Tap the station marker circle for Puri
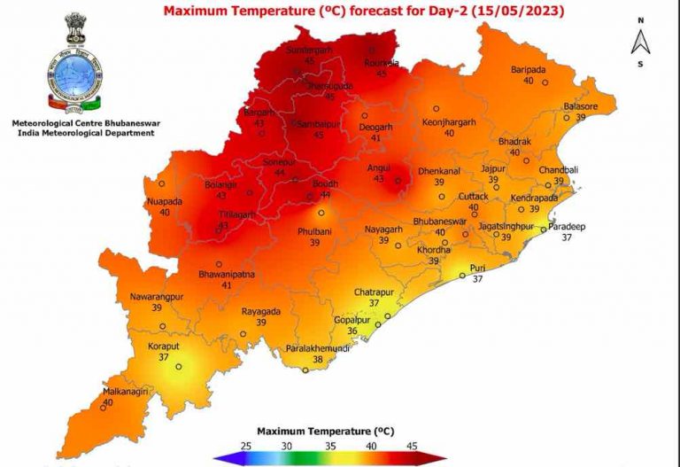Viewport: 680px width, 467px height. pyautogui.click(x=462, y=276)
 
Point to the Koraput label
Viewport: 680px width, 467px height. pyautogui.click(x=163, y=346)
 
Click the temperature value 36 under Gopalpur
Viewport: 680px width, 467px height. pyautogui.click(x=352, y=331)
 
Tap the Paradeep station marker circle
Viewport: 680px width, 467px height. pyautogui.click(x=545, y=229)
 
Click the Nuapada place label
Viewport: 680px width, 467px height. pyautogui.click(x=164, y=201)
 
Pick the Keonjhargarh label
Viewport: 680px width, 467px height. pyautogui.click(x=449, y=121)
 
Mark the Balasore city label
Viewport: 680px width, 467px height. pyautogui.click(x=581, y=106)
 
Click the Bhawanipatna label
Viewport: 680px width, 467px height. pyautogui.click(x=227, y=275)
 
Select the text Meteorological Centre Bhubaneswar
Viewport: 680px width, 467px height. pyautogui.click(x=82, y=122)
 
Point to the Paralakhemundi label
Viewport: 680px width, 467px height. pyautogui.click(x=317, y=349)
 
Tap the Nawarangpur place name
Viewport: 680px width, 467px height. pyautogui.click(x=157, y=296)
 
